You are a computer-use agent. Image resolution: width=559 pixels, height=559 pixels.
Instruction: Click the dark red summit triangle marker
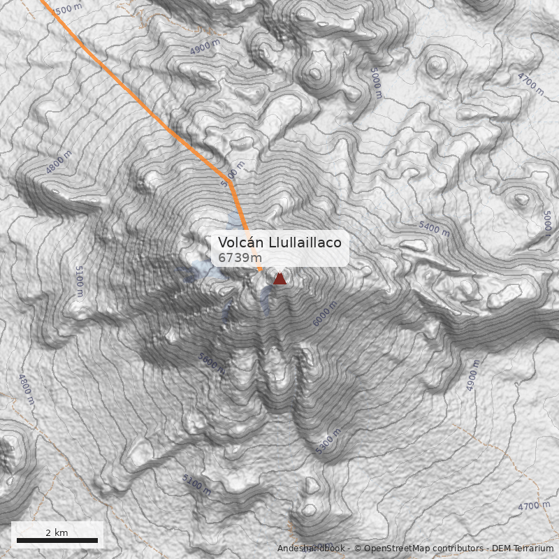click(279, 279)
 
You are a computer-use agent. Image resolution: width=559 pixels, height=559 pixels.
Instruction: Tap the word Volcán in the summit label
click(238, 242)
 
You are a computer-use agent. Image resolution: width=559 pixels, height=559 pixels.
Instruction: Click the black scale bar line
click(57, 541)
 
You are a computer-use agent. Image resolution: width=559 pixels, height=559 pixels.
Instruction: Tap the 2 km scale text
click(57, 532)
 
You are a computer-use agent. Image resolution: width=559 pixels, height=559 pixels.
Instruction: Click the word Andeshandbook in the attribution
click(311, 549)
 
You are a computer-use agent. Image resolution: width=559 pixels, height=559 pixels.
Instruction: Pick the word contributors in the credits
click(458, 549)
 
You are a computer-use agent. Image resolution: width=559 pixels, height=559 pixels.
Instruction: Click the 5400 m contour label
click(433, 227)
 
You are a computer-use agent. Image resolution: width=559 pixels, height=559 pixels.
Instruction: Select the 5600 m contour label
click(212, 363)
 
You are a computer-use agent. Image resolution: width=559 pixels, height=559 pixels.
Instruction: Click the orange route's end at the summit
click(262, 271)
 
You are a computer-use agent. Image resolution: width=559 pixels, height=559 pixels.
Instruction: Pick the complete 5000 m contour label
click(376, 82)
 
